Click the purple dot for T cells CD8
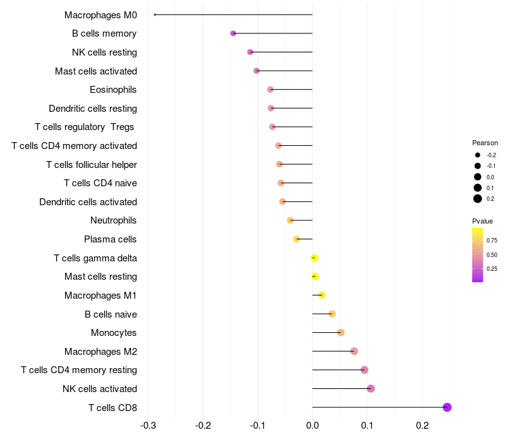coord(447,407)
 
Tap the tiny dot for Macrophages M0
coord(155,15)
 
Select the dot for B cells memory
coord(233,33)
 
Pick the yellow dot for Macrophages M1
coord(322,295)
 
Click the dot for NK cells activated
coord(371,388)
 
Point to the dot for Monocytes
coord(341,332)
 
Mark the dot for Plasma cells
coord(297,239)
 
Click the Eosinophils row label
coord(113,90)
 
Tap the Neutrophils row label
coord(114,220)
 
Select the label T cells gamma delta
coord(95,258)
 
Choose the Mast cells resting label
coord(100,277)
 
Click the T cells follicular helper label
coord(92,164)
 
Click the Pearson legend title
coord(485,143)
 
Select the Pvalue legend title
coord(482,221)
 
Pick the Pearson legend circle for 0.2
coord(478,199)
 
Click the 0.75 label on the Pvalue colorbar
coord(492,241)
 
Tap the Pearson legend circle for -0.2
coord(478,155)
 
